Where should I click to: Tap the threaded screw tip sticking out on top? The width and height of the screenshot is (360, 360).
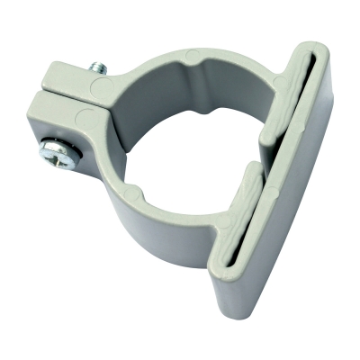pos(97,67)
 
